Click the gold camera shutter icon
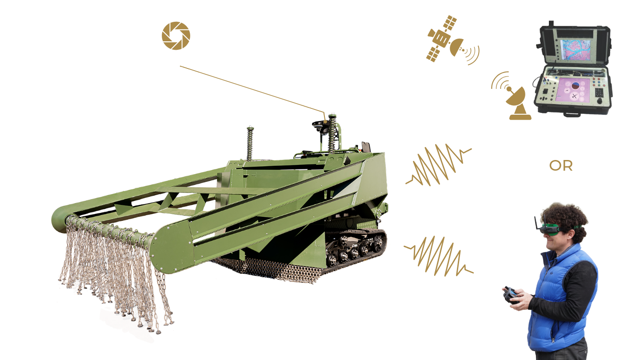pyautogui.click(x=176, y=36)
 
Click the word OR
pyautogui.click(x=561, y=166)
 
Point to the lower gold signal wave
pyautogui.click(x=439, y=256)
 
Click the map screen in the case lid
pyautogui.click(x=576, y=50)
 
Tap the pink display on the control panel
pyautogui.click(x=573, y=90)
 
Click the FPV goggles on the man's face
pyautogui.click(x=550, y=228)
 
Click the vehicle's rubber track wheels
pyautogui.click(x=356, y=248)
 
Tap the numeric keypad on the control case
pyautogui.click(x=599, y=92)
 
